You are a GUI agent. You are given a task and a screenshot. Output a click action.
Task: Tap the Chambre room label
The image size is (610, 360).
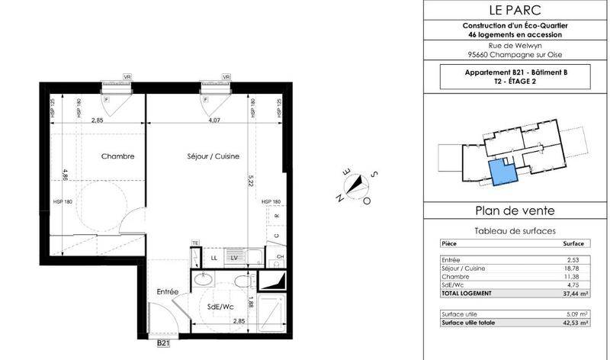coord(118,156)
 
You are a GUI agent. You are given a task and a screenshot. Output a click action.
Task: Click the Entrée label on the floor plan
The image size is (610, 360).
coord(168,291)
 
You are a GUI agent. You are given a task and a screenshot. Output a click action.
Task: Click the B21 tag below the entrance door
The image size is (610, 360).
coord(163,344)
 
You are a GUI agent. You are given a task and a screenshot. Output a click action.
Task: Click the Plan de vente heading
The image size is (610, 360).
coord(515,211)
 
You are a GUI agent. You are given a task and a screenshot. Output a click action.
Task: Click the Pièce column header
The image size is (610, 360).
coord(450,243)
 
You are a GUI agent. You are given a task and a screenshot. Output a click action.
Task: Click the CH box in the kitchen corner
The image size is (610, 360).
coord(280,257)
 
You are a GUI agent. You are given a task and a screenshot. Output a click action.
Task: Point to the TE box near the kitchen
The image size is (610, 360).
coord(196,243)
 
